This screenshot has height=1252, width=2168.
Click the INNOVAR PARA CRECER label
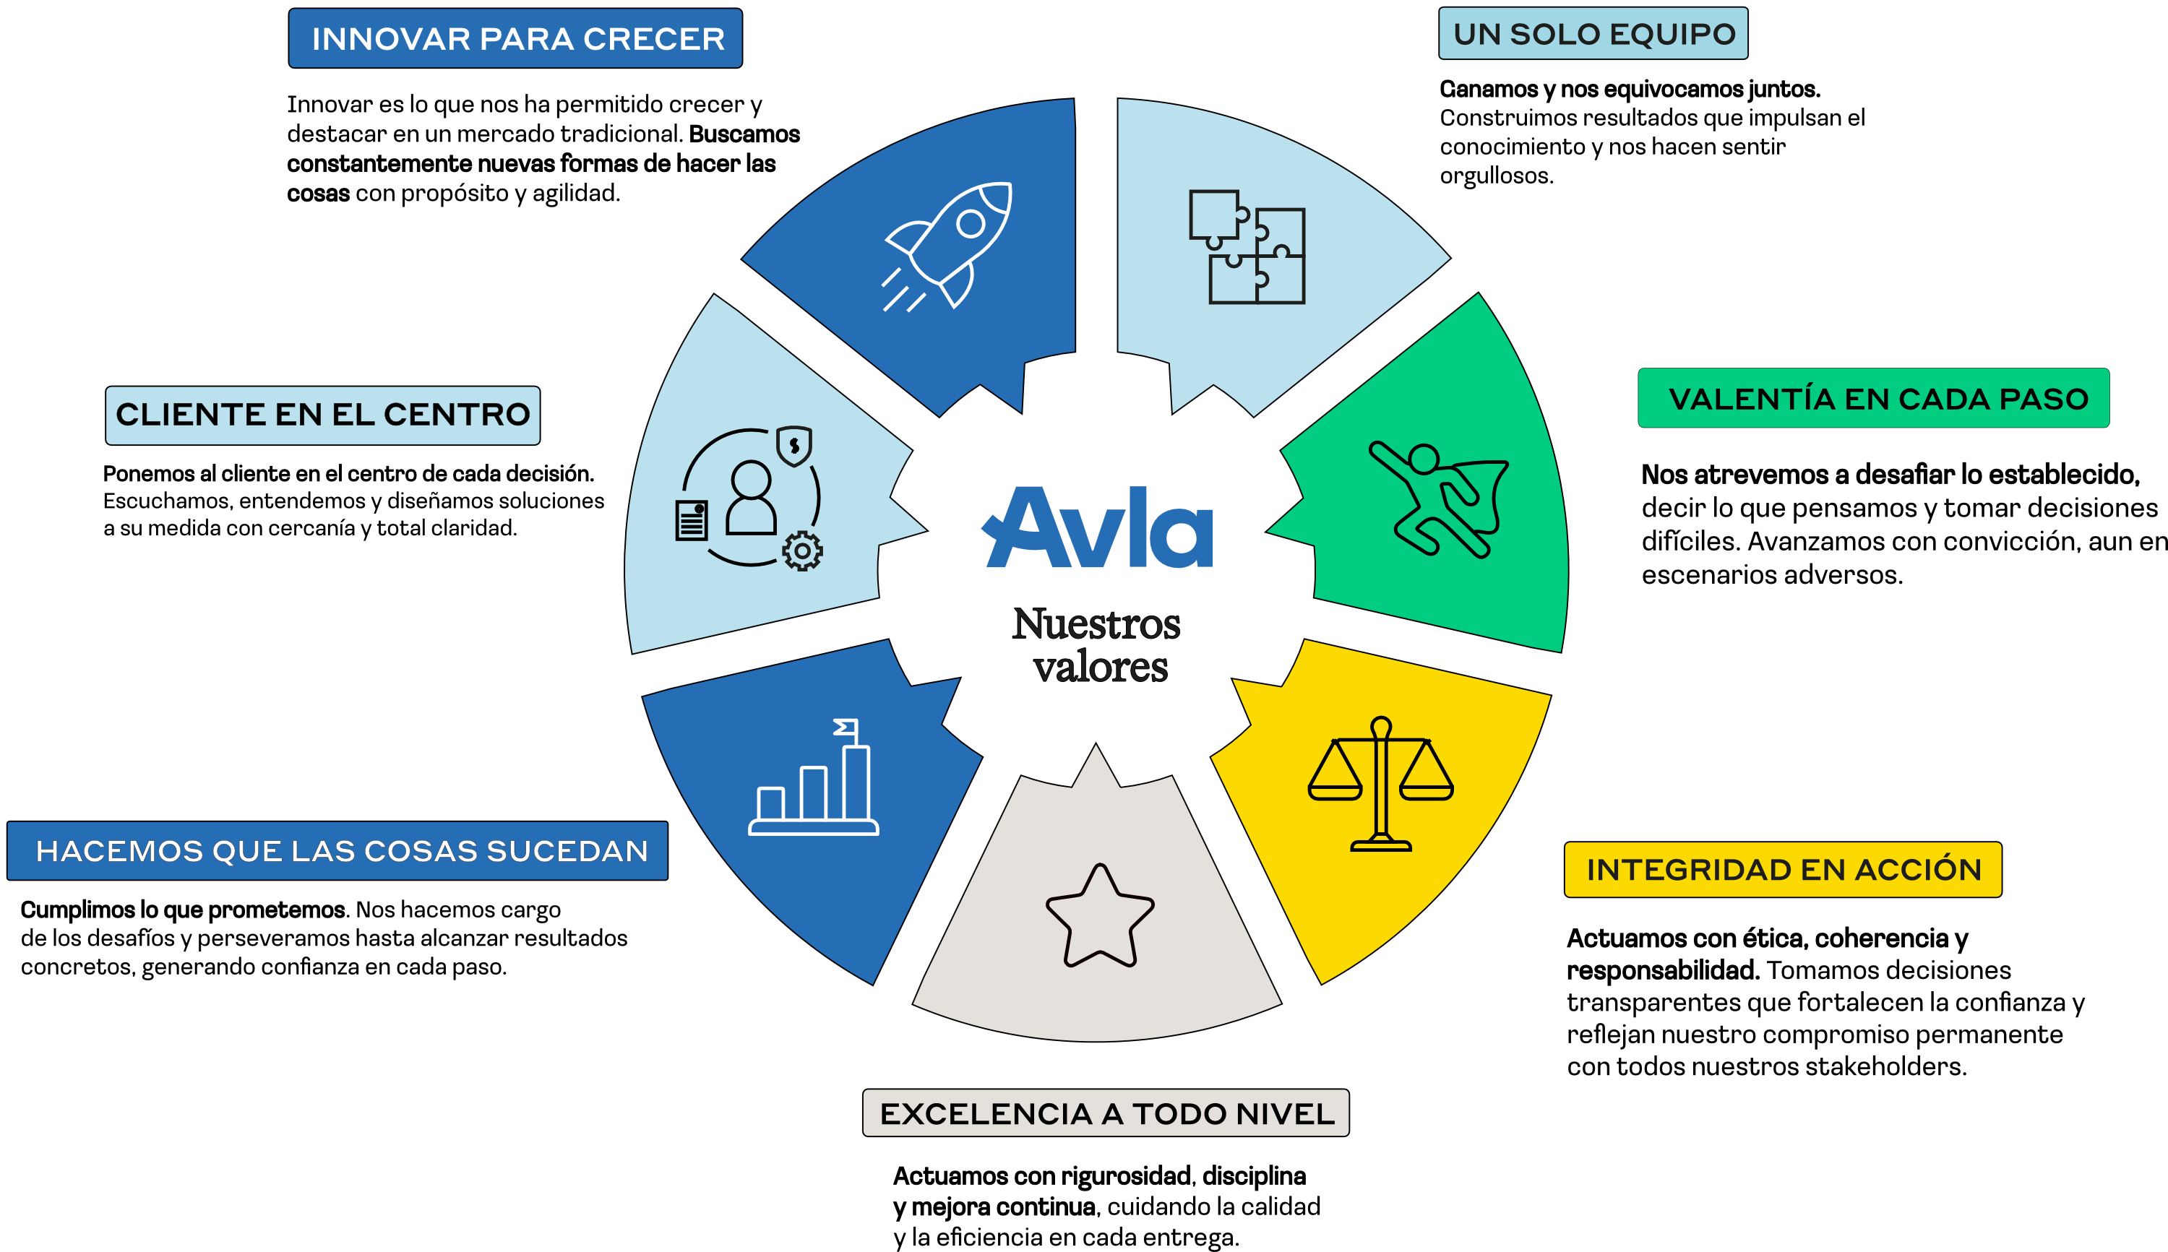pyautogui.click(x=515, y=39)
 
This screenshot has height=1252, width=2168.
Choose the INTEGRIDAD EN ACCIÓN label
pyautogui.click(x=1783, y=869)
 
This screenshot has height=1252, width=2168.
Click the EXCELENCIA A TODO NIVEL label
pyautogui.click(x=1106, y=1113)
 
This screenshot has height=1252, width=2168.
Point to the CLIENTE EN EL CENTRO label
pyautogui.click(x=322, y=415)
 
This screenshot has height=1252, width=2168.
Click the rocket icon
pyautogui.click(x=950, y=245)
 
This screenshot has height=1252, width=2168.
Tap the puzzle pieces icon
pyautogui.click(x=1247, y=247)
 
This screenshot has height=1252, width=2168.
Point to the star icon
pyautogui.click(x=1099, y=916)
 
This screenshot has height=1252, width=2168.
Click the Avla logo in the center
pyautogui.click(x=1098, y=528)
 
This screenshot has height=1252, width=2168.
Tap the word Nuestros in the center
pyautogui.click(x=1096, y=624)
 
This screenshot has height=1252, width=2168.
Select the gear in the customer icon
pyautogui.click(x=802, y=551)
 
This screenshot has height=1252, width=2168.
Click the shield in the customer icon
pyautogui.click(x=793, y=446)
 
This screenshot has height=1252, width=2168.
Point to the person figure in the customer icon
pyautogui.click(x=751, y=498)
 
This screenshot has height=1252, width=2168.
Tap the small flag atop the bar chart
pyautogui.click(x=846, y=728)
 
